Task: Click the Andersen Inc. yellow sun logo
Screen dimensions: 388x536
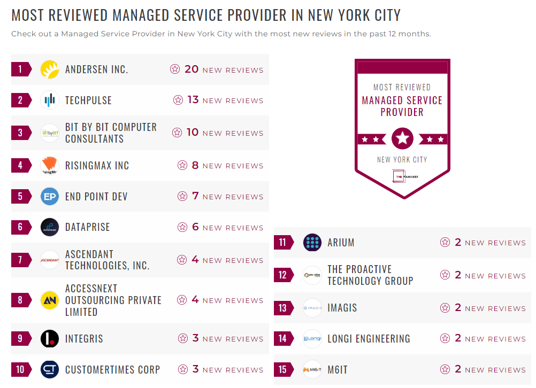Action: click(x=50, y=69)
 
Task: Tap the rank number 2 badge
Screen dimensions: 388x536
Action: click(x=20, y=100)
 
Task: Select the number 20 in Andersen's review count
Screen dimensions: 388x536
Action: click(x=192, y=69)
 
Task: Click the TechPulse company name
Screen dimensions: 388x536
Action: click(x=88, y=100)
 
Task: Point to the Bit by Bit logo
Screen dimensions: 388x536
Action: click(x=50, y=133)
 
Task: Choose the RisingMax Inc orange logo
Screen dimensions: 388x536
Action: click(x=50, y=166)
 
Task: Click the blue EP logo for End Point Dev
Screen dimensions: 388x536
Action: click(x=50, y=197)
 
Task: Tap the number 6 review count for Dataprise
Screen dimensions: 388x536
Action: click(x=195, y=227)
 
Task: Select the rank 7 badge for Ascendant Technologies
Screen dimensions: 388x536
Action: click(x=20, y=260)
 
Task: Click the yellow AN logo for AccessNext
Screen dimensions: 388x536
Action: click(x=50, y=300)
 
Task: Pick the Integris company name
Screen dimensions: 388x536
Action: click(x=84, y=339)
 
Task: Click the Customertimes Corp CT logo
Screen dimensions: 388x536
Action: click(x=50, y=370)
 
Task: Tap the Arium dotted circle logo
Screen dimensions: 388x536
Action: click(x=312, y=243)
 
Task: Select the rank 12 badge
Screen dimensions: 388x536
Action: click(x=283, y=275)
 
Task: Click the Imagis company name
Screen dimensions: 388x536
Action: click(x=342, y=308)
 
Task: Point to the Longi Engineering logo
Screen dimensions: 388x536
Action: click(x=312, y=339)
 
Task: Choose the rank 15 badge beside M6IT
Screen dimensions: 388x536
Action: click(x=283, y=370)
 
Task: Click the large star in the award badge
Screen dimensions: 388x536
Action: click(x=402, y=139)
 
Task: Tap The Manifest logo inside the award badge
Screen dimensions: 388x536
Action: click(x=402, y=176)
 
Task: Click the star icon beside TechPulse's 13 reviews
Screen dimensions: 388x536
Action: click(x=178, y=100)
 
